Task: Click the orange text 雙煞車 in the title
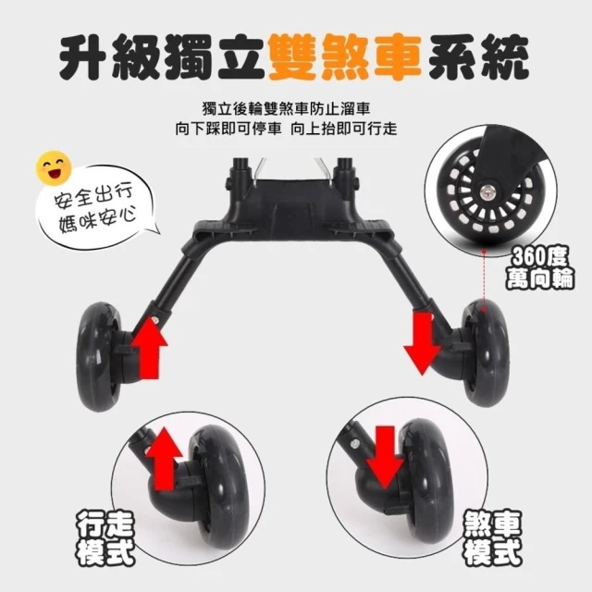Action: coord(345,56)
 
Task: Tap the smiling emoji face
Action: coord(54,167)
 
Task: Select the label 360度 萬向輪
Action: coord(540,267)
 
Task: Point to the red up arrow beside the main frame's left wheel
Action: coord(149,348)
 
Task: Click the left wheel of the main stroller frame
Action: coord(100,356)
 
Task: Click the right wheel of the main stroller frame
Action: coord(485,353)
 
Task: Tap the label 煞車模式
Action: coord(493,538)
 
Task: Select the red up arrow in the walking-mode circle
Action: coord(165,459)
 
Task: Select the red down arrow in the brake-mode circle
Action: coord(385,457)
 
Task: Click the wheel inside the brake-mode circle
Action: coord(429,479)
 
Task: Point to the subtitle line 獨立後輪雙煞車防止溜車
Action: coord(286,108)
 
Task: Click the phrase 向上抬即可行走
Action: coord(344,129)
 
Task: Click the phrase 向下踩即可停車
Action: coord(228,129)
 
